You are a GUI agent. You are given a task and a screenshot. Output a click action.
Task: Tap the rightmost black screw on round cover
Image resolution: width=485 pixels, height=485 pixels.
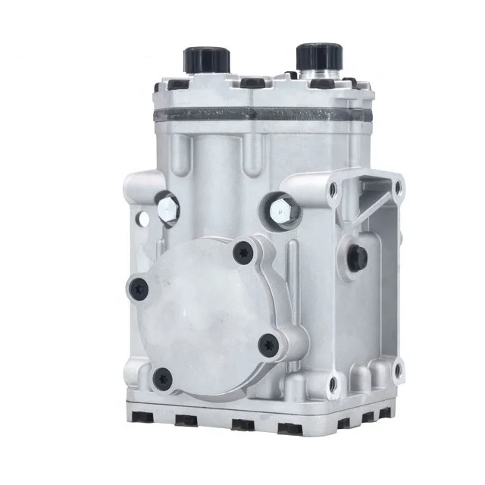266,346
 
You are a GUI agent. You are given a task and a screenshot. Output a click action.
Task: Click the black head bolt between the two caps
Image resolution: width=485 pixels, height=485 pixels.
249,82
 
